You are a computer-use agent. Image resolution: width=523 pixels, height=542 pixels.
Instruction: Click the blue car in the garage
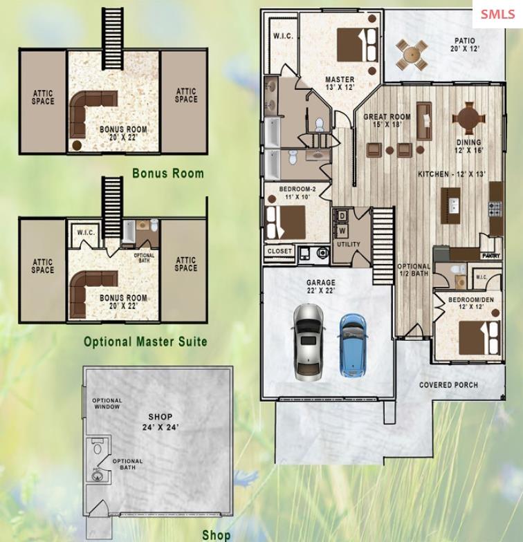pos(353,344)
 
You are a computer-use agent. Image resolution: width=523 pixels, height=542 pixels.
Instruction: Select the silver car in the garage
pos(309,342)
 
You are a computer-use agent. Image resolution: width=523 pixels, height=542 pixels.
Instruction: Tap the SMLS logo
pos(497,14)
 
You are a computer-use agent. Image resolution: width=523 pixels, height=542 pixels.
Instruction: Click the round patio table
pos(412,54)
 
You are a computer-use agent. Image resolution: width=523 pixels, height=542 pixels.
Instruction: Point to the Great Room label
pos(387,120)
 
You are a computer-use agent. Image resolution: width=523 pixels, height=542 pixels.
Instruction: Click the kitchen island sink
pos(454,206)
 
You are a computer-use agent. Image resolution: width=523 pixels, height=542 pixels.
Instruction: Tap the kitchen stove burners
pos(495,209)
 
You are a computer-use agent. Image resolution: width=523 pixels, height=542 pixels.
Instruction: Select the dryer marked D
pos(342,216)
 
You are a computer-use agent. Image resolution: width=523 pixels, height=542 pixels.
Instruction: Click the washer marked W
pos(342,231)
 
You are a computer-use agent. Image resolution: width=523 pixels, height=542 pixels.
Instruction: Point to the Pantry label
pos(491,256)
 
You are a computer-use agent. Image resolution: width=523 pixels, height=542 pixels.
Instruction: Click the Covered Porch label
pos(448,384)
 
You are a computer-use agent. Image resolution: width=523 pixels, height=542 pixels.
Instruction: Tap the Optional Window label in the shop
pos(107,404)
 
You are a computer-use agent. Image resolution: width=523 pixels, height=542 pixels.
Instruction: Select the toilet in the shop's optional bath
pos(98,447)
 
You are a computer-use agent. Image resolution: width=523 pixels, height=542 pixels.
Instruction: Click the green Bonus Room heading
pos(168,173)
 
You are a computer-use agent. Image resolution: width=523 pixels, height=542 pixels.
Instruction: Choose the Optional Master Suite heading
pos(145,342)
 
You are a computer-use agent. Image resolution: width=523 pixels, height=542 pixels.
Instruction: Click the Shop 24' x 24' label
pos(160,422)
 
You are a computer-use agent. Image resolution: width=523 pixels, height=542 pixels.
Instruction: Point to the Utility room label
pos(349,245)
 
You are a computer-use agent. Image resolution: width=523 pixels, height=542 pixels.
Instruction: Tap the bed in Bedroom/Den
pos(480,337)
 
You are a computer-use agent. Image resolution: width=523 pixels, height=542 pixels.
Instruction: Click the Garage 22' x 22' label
pos(321,286)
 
